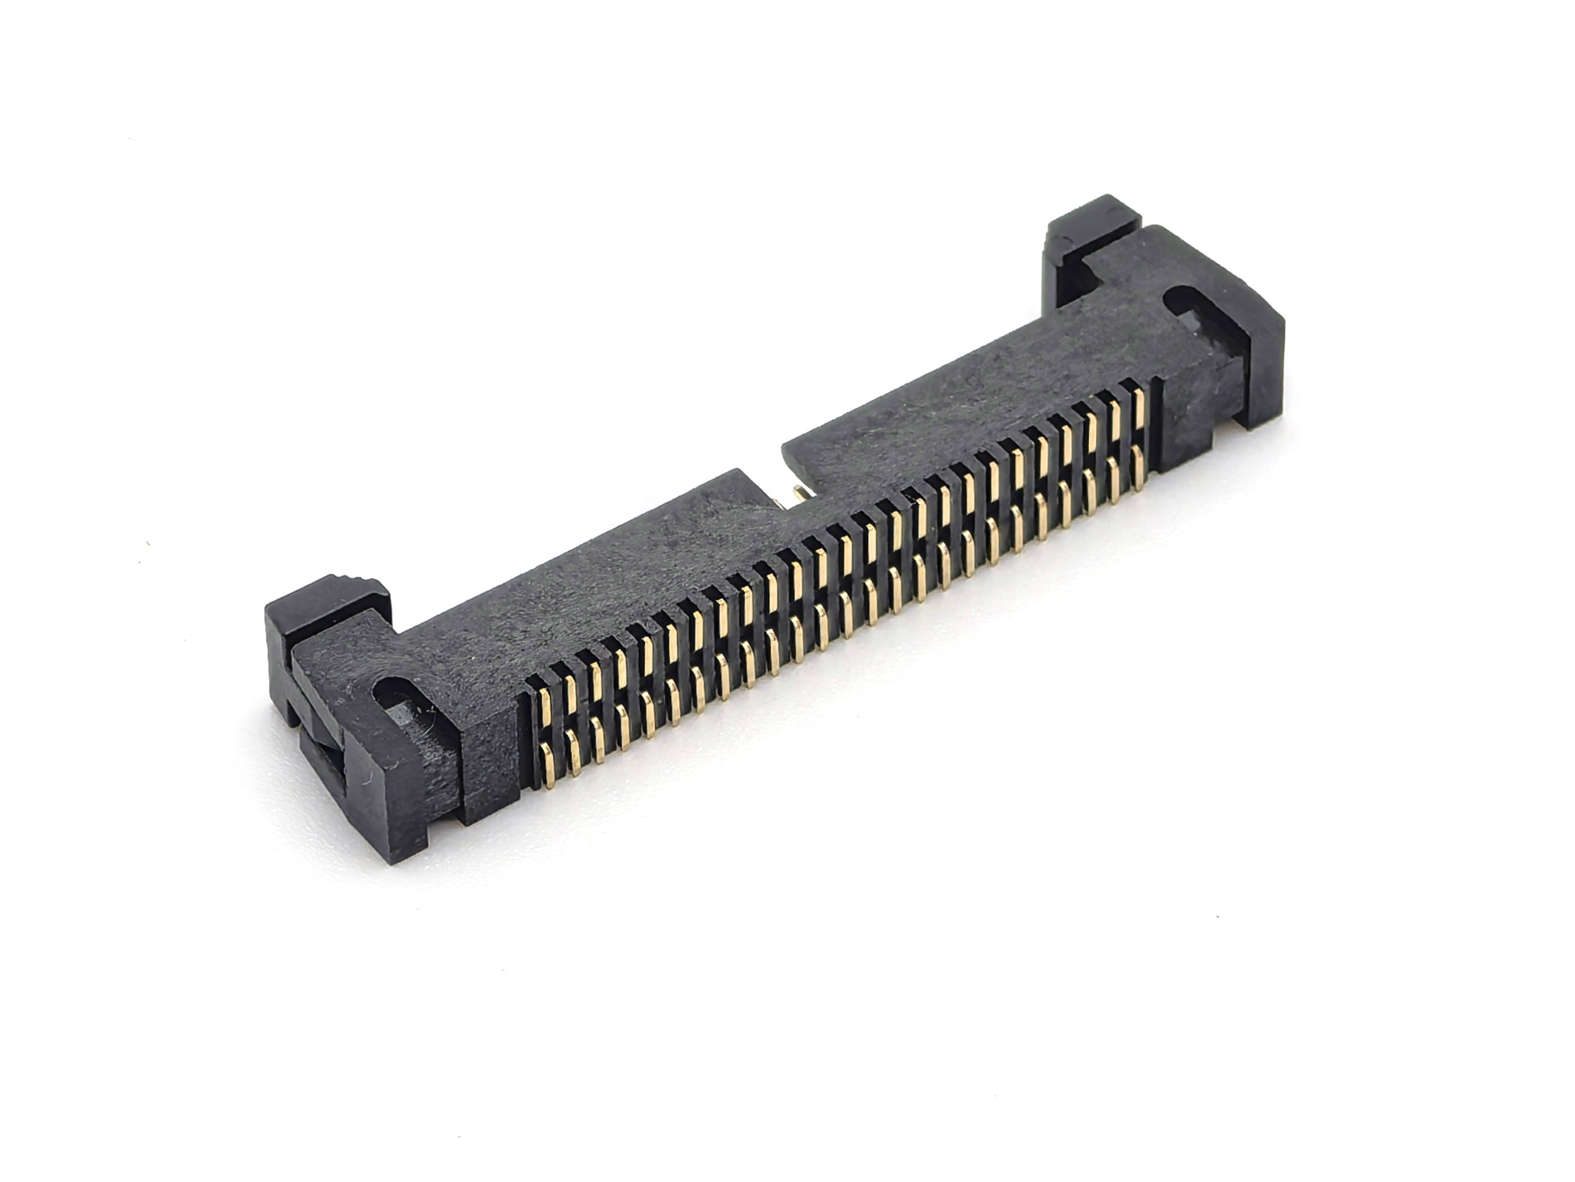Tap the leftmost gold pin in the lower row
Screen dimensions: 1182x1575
pyautogui.click(x=548, y=765)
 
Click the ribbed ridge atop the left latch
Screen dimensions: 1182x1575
pyautogui.click(x=349, y=581)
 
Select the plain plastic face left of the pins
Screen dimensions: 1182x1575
pyautogui.click(x=491, y=755)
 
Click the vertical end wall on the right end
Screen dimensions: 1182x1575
pyautogui.click(x=1268, y=370)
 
